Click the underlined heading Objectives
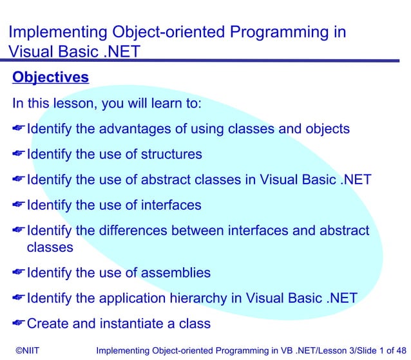pos(50,78)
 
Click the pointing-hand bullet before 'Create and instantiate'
pos(19,323)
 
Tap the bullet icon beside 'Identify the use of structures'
pos(19,155)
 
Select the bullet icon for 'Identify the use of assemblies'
pos(19,272)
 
